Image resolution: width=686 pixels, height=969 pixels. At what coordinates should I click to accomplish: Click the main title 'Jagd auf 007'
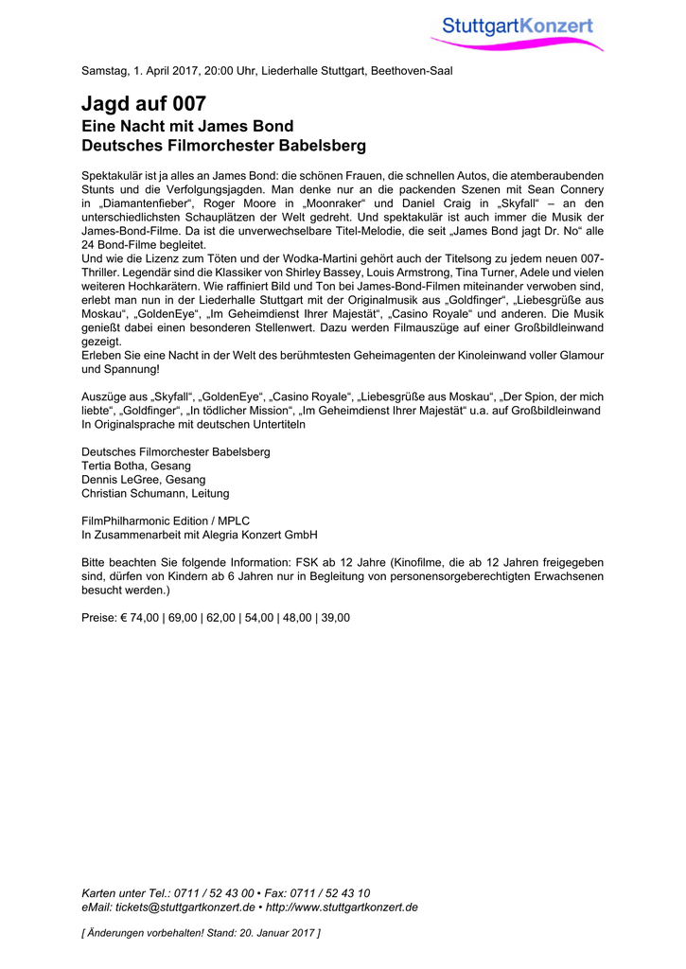[x=143, y=104]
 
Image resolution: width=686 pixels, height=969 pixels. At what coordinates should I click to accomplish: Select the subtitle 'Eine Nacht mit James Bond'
[x=187, y=126]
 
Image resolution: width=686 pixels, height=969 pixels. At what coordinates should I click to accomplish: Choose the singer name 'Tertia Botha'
[x=114, y=466]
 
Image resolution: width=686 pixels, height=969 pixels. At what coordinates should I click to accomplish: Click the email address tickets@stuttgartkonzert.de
[x=185, y=907]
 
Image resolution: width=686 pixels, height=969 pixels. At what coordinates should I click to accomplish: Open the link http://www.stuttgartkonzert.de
[x=342, y=907]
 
